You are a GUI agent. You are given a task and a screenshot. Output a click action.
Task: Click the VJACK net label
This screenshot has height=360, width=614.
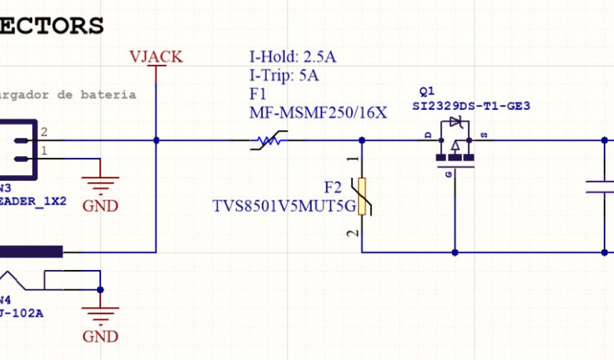click(x=156, y=57)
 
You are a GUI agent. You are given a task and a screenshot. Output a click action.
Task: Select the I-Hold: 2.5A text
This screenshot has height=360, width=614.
click(x=293, y=58)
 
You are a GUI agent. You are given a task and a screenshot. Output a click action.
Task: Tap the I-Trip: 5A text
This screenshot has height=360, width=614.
click(x=284, y=76)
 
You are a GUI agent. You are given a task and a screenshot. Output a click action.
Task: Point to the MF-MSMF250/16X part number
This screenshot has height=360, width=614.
click(x=318, y=112)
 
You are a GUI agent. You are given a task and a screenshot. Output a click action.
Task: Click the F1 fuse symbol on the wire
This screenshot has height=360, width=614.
click(x=267, y=142)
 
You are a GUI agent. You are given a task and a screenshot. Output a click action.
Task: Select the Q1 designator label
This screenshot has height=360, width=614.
click(x=428, y=92)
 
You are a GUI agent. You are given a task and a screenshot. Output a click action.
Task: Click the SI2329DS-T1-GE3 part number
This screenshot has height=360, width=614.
click(x=471, y=106)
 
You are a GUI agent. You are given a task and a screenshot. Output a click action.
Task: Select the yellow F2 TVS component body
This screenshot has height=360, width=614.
click(x=362, y=196)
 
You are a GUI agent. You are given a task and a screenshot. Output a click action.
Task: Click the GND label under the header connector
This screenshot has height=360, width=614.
click(x=100, y=206)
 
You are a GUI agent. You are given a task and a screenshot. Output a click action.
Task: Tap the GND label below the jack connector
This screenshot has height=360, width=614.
click(x=100, y=336)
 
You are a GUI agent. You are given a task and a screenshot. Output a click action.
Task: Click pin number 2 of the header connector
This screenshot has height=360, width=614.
click(x=44, y=132)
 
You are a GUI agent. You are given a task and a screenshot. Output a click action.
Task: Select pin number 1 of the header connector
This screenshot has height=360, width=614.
click(x=44, y=150)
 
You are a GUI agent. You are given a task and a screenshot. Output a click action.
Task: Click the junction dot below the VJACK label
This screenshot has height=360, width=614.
click(x=156, y=140)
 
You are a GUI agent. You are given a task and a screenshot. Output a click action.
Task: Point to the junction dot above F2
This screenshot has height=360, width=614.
click(x=362, y=140)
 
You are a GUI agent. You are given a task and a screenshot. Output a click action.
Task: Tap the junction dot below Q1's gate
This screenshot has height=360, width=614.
click(x=455, y=253)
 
